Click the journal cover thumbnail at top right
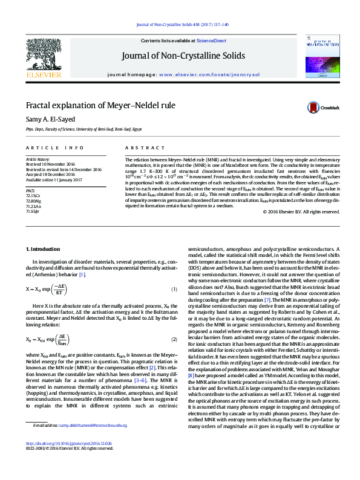point(319,56)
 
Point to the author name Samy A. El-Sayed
point(50,119)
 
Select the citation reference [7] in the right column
point(267,317)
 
